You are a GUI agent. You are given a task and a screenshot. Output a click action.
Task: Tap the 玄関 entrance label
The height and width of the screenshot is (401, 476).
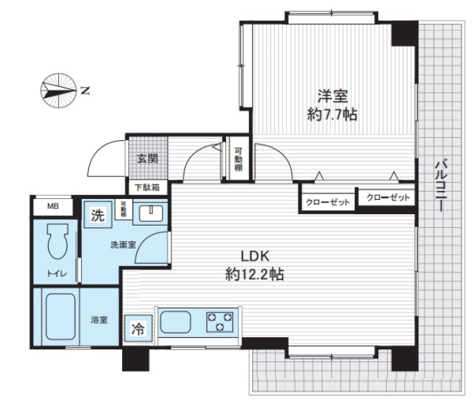(148, 159)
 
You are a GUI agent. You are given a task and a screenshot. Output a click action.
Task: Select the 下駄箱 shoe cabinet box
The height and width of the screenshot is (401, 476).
(147, 187)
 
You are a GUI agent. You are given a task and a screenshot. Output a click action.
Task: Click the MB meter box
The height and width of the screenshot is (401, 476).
(52, 207)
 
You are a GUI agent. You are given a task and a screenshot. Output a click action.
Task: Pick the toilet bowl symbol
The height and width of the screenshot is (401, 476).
(55, 244)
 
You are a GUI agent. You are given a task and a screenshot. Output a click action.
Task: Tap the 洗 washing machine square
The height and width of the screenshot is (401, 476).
(96, 213)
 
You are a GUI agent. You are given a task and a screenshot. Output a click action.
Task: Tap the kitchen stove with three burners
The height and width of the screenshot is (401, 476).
(220, 321)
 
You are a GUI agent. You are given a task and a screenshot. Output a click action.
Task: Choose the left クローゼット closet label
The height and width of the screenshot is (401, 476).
(327, 203)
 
